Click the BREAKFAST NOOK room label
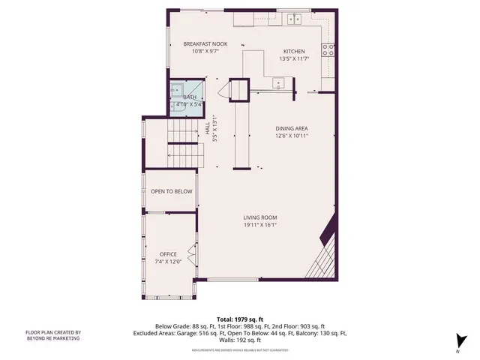click(x=205, y=44)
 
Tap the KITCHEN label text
click(x=294, y=50)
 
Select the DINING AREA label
click(x=292, y=128)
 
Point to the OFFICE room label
click(x=168, y=254)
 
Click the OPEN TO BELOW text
click(x=172, y=191)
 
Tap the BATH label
click(x=190, y=97)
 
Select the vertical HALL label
click(x=208, y=129)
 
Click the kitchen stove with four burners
click(x=328, y=50)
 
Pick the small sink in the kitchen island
click(x=279, y=84)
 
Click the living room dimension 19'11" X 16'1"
click(x=260, y=225)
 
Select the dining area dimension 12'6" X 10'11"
click(x=292, y=136)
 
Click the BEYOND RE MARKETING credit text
click(x=53, y=338)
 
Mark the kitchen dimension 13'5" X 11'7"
click(x=294, y=58)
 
